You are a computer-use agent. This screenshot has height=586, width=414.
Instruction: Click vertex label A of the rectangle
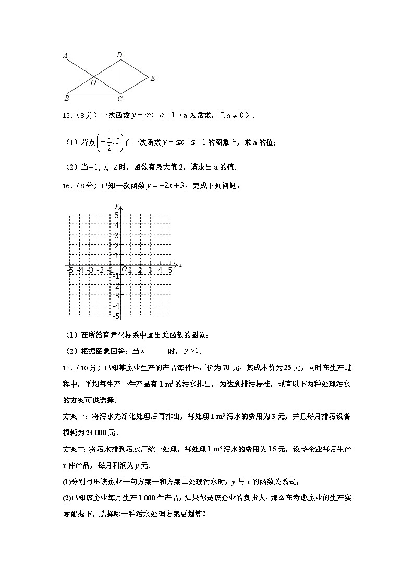[65, 55]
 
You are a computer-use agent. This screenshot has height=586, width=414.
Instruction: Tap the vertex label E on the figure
[153, 79]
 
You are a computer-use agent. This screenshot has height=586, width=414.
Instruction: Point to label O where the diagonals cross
[93, 82]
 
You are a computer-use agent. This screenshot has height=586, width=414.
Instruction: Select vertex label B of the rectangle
[66, 98]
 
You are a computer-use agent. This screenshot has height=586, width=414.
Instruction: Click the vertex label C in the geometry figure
[119, 99]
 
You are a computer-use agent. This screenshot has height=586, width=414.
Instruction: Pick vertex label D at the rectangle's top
[119, 54]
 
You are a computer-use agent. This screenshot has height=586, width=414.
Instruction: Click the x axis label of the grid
[180, 265]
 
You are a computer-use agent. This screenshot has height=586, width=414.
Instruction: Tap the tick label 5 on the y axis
[117, 215]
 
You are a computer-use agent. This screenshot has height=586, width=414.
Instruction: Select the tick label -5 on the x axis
[70, 270]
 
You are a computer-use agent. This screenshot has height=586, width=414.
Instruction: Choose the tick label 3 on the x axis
[150, 270]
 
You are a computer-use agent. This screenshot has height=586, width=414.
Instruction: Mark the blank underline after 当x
[156, 351]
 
